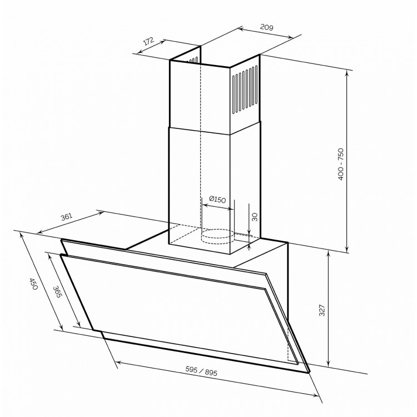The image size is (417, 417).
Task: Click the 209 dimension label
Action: tap(266, 27)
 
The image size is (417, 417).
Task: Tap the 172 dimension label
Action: tap(148, 41)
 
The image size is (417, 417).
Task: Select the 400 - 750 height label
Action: tap(341, 164)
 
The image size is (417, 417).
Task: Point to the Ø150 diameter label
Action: tap(217, 199)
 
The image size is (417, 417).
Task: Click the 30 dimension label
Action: tap(255, 217)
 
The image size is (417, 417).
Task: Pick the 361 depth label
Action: tap(67, 217)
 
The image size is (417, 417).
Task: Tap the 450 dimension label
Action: tap(34, 284)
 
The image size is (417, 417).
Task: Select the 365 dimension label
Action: tap(57, 291)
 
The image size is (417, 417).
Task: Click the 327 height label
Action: tap(322, 310)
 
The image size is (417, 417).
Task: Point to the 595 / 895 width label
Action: tap(201, 371)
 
